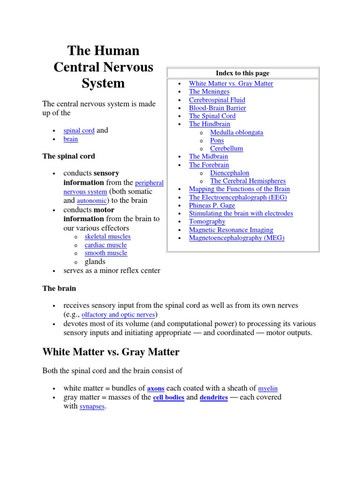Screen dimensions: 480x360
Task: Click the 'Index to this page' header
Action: [242, 73]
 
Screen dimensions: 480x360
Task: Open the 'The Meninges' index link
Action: [209, 91]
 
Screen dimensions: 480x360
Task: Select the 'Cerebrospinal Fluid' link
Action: [217, 100]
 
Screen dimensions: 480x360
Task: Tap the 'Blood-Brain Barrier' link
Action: [217, 108]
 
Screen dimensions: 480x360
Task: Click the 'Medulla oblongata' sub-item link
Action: [237, 132]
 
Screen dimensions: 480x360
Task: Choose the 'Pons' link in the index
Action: [217, 140]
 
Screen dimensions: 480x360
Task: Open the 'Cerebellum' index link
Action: [226, 148]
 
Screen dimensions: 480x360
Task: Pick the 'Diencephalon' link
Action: [230, 173]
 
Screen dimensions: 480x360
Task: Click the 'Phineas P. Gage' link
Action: [212, 205]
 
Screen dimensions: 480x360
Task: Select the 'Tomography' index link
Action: [207, 221]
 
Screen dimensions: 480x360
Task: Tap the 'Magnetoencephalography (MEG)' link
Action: [237, 238]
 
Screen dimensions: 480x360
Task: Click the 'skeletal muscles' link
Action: [107, 237]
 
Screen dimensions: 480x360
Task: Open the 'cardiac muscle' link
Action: [105, 245]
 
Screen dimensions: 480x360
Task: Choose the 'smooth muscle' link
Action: [106, 253]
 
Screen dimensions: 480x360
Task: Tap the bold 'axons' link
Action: [156, 389]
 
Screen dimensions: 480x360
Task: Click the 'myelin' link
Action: [268, 389]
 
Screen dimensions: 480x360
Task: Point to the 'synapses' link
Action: [92, 406]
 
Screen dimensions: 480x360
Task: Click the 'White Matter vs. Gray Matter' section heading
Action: [111, 352]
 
